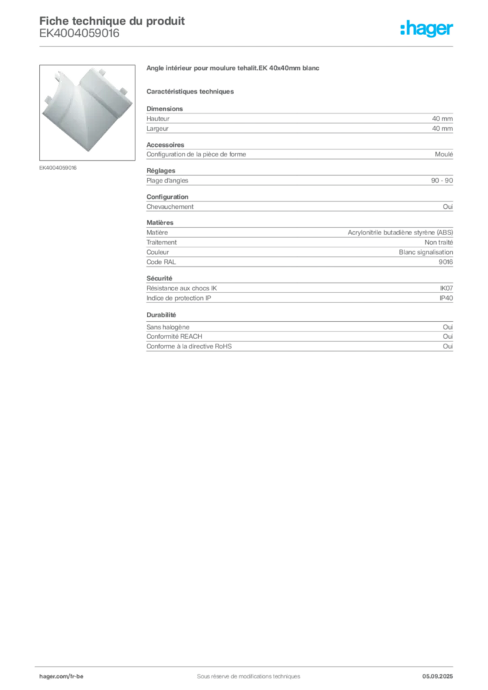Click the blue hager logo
point(428,29)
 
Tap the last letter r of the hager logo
point(452,30)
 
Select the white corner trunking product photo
point(86,110)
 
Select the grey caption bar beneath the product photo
point(59,167)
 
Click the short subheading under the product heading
point(191,91)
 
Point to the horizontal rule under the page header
point(248,46)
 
